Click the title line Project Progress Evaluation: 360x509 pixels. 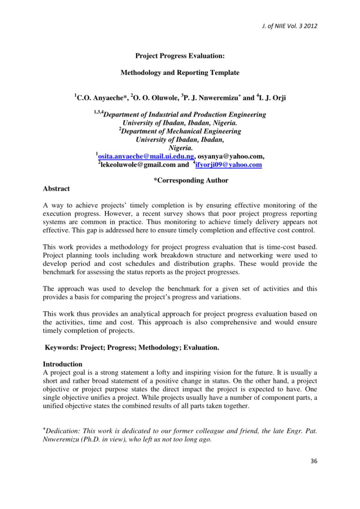point(180,56)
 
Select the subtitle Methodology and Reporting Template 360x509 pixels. point(180,73)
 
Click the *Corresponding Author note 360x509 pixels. point(191,180)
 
